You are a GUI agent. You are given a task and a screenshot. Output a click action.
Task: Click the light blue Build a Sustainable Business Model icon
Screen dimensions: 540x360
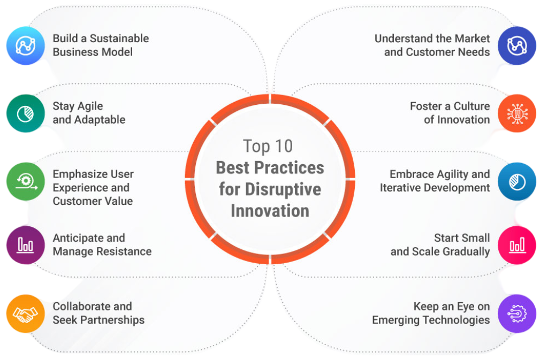26,45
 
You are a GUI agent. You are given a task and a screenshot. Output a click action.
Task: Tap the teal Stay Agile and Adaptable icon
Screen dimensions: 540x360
26,113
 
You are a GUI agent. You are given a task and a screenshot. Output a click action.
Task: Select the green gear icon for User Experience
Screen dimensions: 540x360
26,181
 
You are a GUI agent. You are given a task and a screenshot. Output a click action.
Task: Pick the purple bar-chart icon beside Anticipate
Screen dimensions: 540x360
26,245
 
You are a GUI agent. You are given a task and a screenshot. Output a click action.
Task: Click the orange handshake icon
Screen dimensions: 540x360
26,313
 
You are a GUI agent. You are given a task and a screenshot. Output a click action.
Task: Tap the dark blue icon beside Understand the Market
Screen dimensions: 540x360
517,45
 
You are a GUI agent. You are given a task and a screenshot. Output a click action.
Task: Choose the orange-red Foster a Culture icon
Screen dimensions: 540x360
517,113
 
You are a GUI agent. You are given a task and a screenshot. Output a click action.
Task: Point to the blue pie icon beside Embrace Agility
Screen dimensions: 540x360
517,181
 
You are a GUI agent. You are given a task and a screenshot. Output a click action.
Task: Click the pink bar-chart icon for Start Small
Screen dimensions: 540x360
517,245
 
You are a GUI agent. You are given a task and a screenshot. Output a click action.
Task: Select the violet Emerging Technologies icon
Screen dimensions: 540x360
517,313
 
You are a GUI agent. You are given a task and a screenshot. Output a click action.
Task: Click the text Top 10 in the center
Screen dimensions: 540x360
268,146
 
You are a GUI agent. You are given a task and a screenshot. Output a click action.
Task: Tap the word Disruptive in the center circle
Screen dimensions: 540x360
283,189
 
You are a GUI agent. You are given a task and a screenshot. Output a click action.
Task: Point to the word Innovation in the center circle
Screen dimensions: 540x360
270,211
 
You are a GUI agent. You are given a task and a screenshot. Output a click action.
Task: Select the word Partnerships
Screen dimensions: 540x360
112,320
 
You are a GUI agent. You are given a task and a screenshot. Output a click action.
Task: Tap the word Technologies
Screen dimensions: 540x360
457,320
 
